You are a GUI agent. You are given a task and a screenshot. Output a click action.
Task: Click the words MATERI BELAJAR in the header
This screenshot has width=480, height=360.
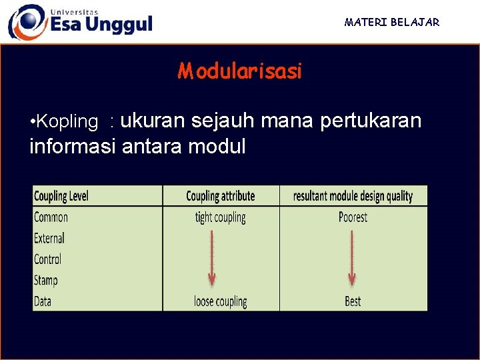[392, 22]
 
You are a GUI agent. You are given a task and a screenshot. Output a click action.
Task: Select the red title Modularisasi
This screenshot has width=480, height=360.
[240, 71]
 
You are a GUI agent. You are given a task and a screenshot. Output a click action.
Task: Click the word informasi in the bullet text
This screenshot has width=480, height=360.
[73, 145]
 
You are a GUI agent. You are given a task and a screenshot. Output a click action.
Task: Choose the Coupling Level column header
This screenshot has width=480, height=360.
[61, 196]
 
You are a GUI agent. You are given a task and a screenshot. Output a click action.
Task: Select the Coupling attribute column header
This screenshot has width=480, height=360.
[220, 196]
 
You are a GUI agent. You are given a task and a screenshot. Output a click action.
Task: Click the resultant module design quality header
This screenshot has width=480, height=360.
[353, 196]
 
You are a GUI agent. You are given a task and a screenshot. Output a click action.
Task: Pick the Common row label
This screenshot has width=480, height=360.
[51, 217]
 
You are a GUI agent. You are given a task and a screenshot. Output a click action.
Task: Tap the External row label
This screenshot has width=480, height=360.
[49, 238]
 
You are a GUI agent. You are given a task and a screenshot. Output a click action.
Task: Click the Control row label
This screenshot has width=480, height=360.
[47, 259]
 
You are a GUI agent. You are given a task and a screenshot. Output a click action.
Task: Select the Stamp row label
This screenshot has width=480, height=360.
[46, 280]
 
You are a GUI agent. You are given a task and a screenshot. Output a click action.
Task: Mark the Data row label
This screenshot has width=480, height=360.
[43, 301]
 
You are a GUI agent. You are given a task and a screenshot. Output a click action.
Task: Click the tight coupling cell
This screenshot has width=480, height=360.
[220, 217]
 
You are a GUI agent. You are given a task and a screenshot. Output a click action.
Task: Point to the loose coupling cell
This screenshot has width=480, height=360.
[220, 301]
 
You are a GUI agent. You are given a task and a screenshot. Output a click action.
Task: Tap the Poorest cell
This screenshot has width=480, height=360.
[353, 217]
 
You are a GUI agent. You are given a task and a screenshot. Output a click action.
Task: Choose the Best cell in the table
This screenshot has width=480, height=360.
[353, 301]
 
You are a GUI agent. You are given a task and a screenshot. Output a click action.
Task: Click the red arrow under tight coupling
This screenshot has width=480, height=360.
[211, 257]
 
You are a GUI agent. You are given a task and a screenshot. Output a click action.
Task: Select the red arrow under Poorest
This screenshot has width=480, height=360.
[351, 257]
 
